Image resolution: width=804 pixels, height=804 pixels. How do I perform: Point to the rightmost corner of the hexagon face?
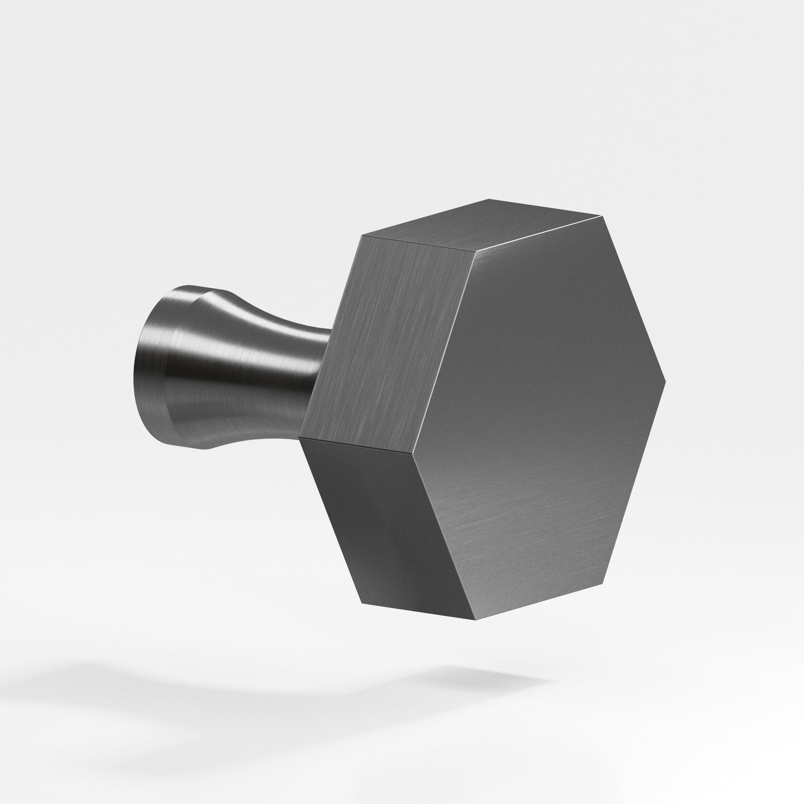(665, 381)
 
